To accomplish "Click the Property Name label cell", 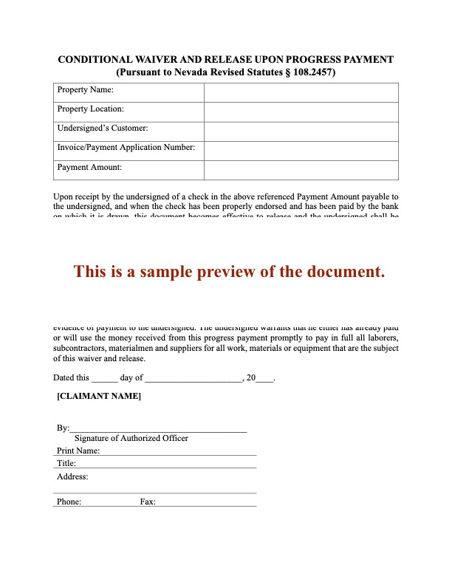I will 85,90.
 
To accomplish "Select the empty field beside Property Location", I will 301,110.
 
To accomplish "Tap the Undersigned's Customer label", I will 103,129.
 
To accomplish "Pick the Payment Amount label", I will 89,168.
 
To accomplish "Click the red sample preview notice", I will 229,271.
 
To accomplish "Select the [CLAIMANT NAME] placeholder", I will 99,397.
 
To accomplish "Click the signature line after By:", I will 158,429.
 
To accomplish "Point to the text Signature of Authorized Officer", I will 131,438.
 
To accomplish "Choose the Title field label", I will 66,463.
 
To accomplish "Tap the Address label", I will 72,476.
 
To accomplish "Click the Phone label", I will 69,502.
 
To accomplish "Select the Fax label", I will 148,502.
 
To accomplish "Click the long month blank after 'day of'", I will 193,378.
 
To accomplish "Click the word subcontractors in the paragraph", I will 81,348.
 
